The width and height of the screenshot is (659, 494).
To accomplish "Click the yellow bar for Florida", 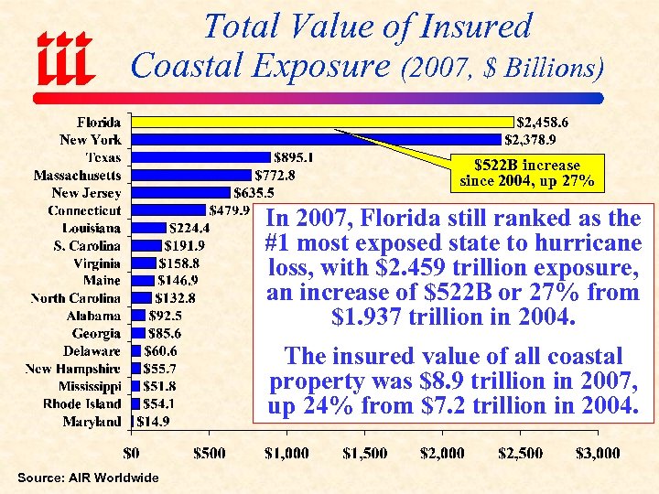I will click(322, 122).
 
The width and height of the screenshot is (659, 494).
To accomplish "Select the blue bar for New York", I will click(317, 139).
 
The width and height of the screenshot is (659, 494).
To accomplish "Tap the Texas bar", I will click(201, 157).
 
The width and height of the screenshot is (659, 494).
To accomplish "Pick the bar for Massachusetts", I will click(191, 175).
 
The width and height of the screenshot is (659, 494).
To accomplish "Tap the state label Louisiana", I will click(91, 228).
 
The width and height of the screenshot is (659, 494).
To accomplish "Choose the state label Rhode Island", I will click(81, 403).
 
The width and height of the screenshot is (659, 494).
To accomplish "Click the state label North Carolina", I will click(75, 298).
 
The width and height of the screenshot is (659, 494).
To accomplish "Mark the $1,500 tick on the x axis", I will click(364, 453).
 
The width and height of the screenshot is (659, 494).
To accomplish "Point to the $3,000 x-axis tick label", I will click(597, 453).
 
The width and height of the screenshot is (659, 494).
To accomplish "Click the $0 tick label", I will click(132, 453).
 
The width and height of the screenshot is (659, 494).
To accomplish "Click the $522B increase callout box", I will click(526, 173).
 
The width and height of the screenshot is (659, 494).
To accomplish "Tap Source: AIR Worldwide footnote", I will click(88, 478).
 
